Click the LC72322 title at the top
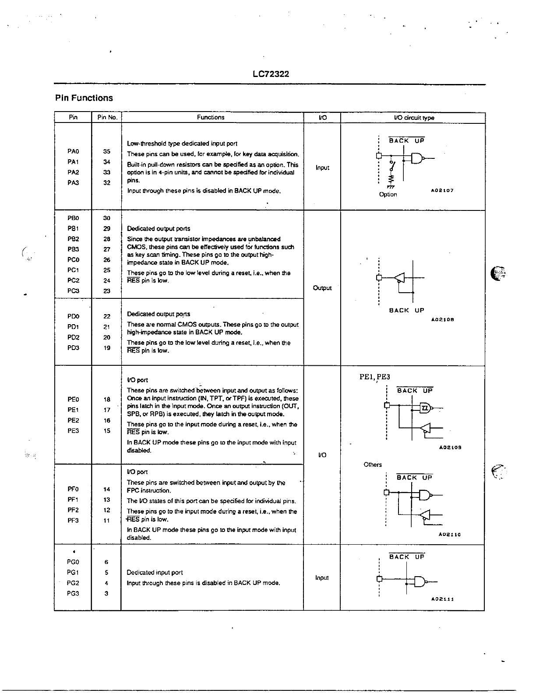(271, 74)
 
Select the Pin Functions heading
(84, 98)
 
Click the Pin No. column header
(107, 117)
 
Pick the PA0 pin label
(73, 151)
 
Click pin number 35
(107, 151)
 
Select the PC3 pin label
(73, 291)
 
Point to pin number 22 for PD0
(107, 316)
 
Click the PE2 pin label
(73, 420)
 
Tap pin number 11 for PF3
(107, 521)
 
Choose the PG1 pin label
(73, 572)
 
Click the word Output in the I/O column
(322, 288)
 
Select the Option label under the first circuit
(388, 194)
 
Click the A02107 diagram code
(442, 191)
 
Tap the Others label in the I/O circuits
(373, 465)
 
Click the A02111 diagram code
(442, 599)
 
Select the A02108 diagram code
(442, 319)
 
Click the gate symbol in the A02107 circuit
(418, 158)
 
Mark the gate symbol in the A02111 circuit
(420, 581)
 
